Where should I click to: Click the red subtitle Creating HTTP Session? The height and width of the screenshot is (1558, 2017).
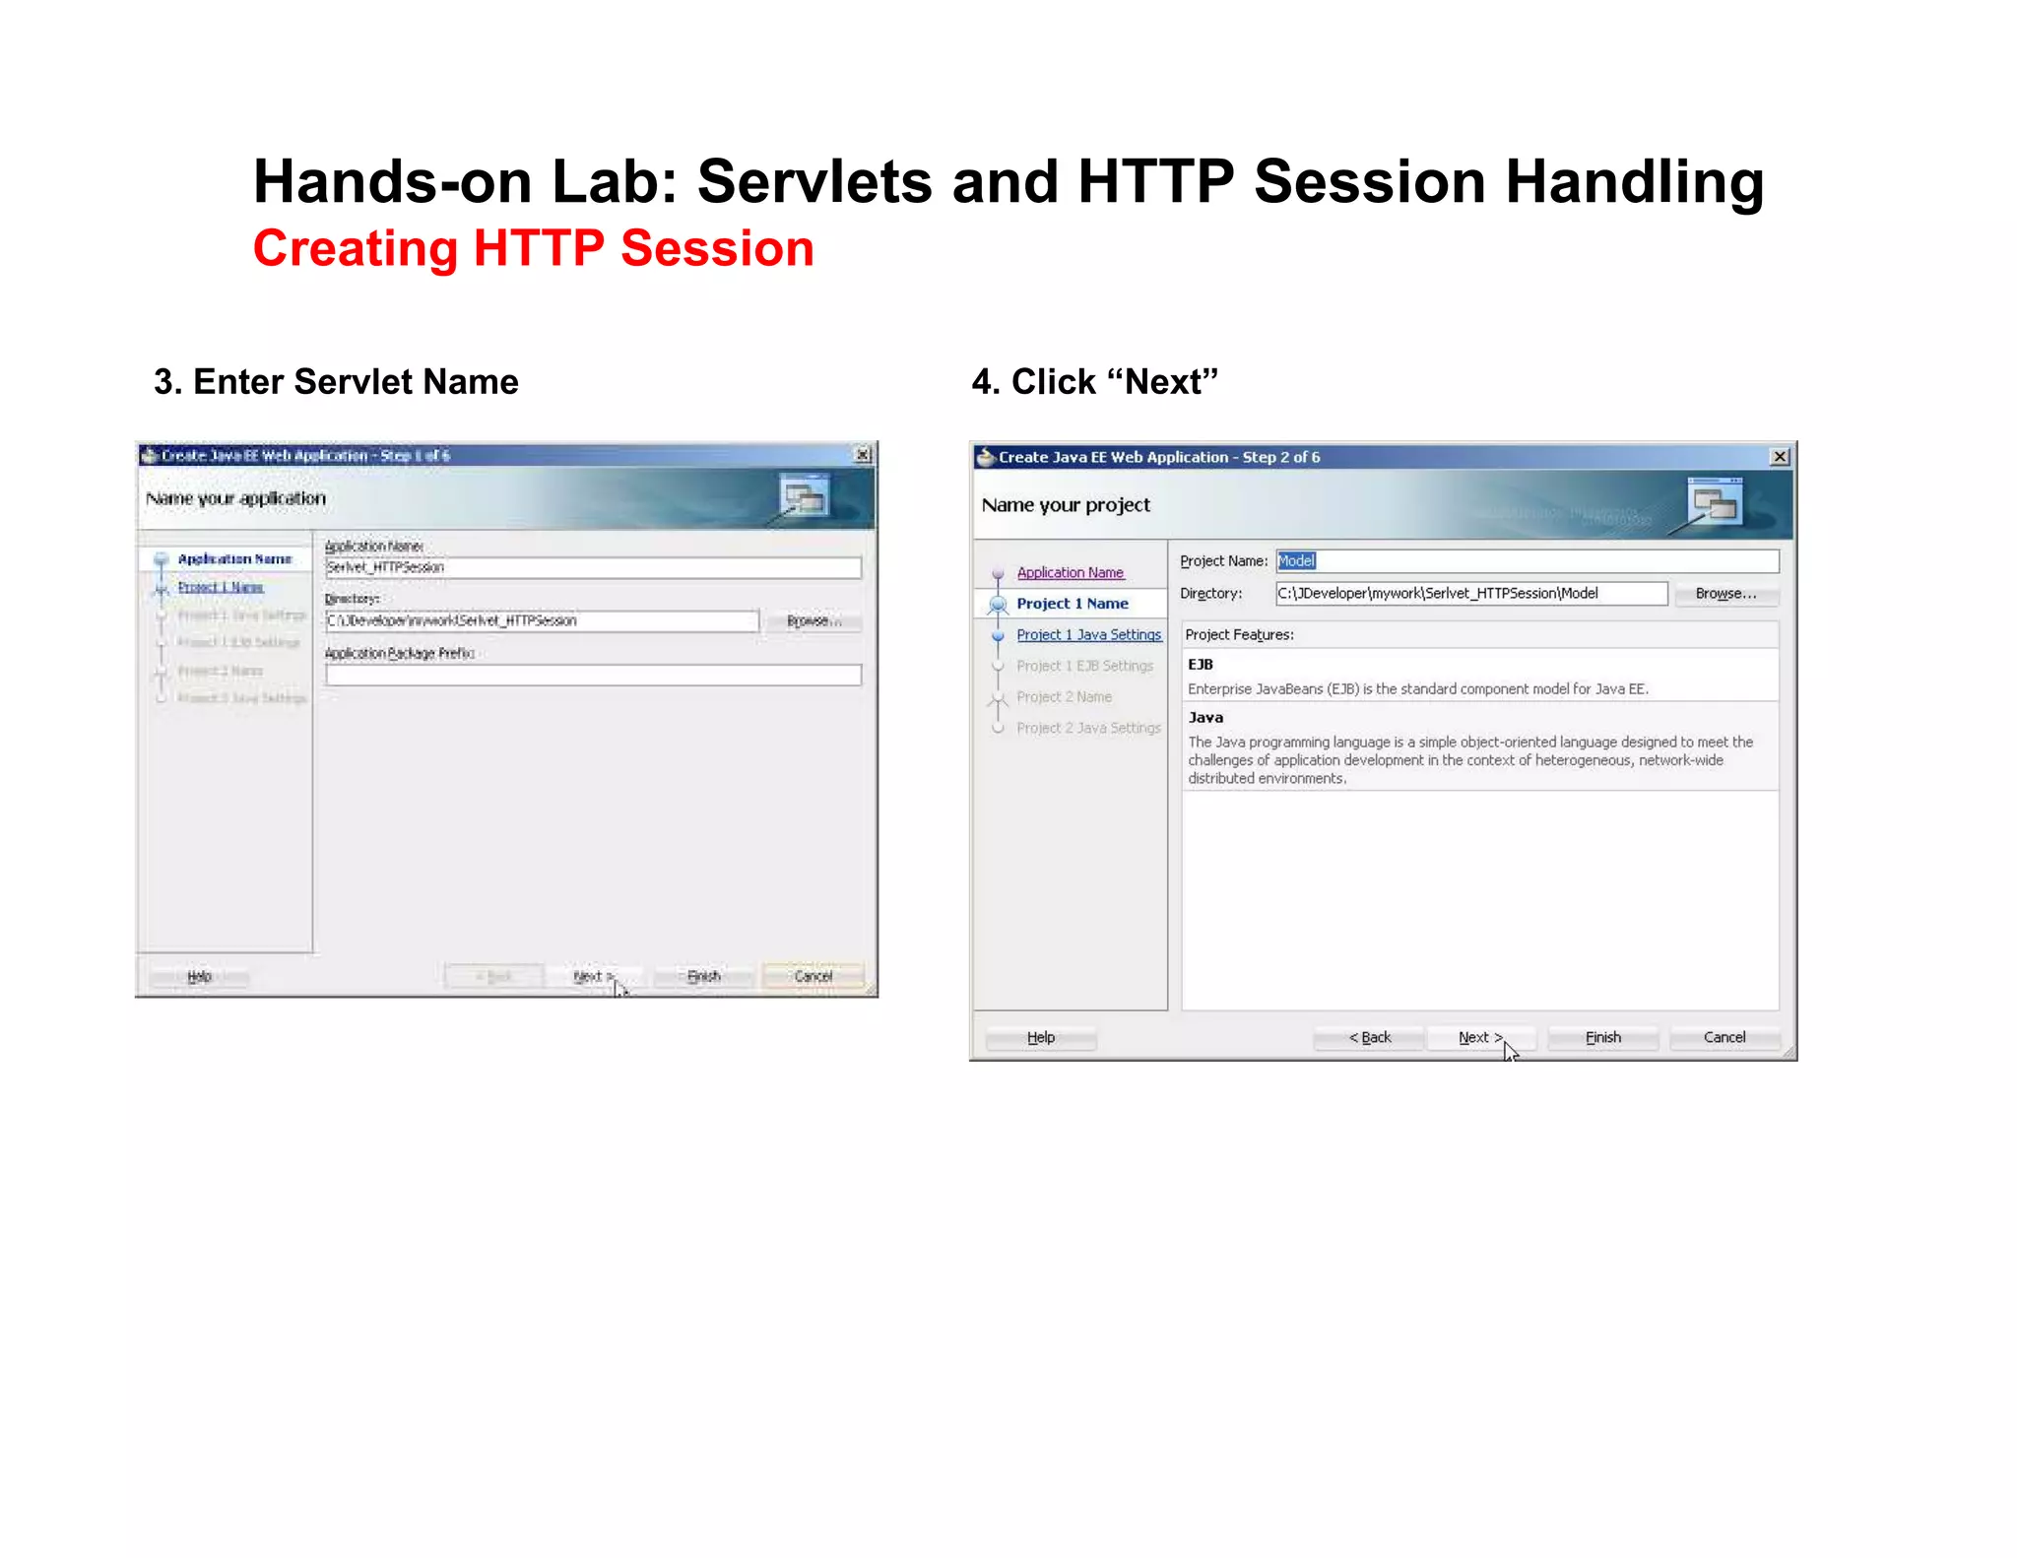click(x=533, y=248)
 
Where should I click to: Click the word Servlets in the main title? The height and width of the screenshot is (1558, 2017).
click(x=813, y=182)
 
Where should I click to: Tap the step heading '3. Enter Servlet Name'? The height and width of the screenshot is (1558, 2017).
click(x=336, y=382)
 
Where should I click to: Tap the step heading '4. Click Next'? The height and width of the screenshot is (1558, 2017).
click(x=1094, y=382)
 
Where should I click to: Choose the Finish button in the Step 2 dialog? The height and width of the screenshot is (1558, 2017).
click(x=1602, y=1037)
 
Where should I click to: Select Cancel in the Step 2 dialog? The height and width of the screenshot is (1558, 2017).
click(x=1724, y=1037)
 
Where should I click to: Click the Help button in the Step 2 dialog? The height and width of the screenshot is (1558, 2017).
click(x=1040, y=1037)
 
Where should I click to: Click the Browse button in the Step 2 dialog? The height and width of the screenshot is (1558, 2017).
click(x=1724, y=594)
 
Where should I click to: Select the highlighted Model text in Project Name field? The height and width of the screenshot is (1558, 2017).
click(x=1296, y=561)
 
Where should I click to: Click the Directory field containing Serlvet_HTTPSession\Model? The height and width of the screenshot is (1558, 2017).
click(x=1469, y=594)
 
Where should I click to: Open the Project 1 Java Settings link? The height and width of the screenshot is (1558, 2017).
click(x=1088, y=635)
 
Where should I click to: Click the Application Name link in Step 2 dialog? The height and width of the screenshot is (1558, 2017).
click(x=1070, y=573)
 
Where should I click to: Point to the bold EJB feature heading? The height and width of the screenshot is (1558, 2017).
click(x=1201, y=665)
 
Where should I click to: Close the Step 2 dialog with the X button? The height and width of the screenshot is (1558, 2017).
click(x=1780, y=457)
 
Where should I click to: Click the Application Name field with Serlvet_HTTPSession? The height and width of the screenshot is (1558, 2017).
click(x=593, y=567)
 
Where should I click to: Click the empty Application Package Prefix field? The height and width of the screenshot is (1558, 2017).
click(x=593, y=676)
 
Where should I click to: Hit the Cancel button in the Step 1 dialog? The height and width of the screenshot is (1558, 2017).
click(x=813, y=976)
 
